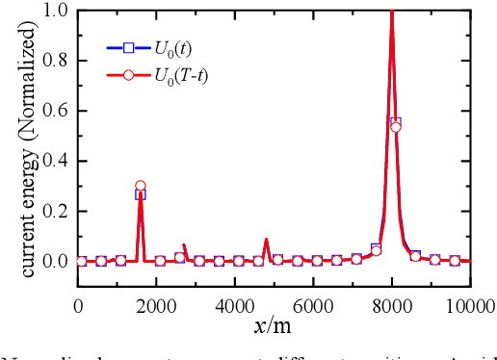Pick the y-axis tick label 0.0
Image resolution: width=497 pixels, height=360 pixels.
click(x=56, y=261)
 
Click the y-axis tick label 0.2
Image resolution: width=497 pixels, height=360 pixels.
click(x=56, y=211)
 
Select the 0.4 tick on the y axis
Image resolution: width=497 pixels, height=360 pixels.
click(x=56, y=161)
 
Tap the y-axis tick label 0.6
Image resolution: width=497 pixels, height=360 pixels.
click(x=56, y=111)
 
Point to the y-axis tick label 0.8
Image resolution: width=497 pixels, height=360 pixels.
click(x=56, y=61)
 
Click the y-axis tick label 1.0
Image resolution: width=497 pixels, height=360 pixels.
click(x=56, y=12)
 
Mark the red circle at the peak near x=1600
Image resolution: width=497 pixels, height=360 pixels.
click(x=141, y=186)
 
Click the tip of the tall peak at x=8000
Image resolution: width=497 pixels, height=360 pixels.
click(x=392, y=12)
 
